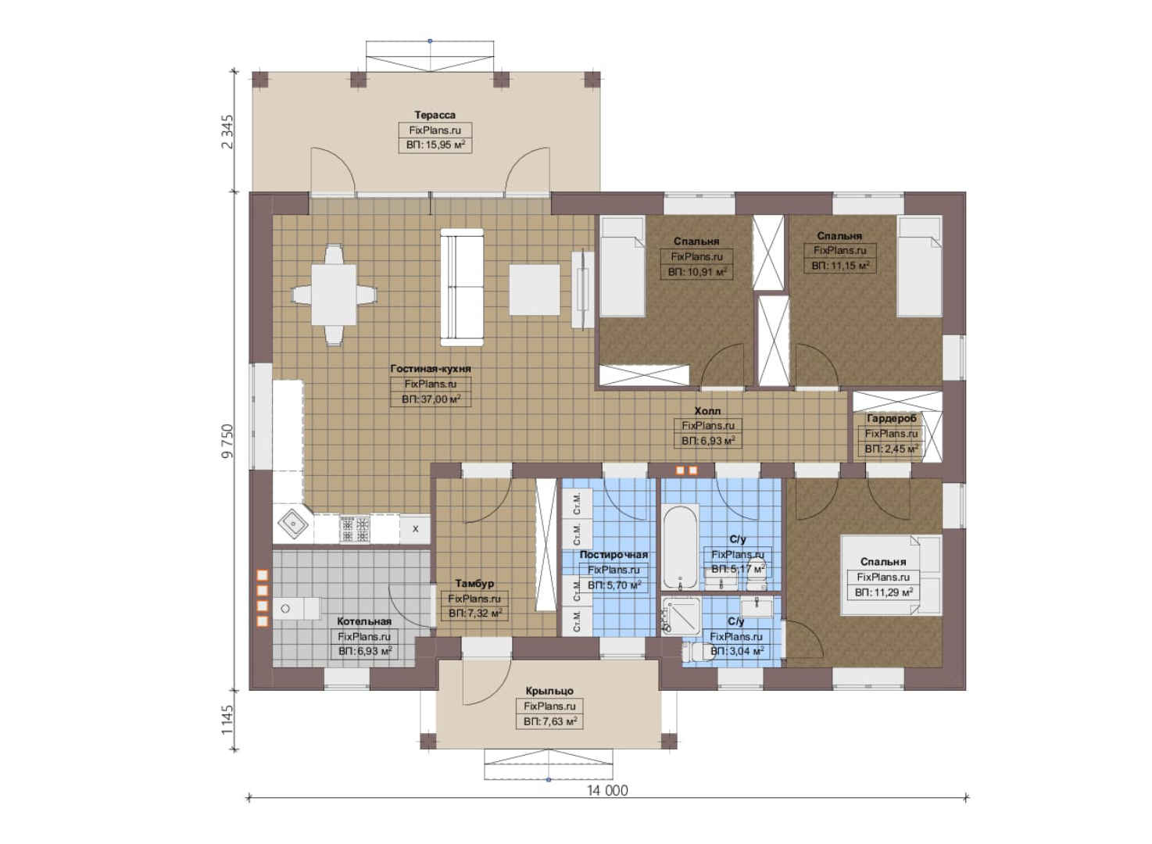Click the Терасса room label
[x=435, y=115]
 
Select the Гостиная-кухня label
[x=431, y=369]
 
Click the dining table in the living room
[x=334, y=295]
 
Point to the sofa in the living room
[x=462, y=287]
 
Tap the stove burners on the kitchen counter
[x=355, y=530]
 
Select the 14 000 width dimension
[x=607, y=791]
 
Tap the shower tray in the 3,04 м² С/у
[x=682, y=616]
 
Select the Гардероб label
[x=891, y=418]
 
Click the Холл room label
[x=707, y=410]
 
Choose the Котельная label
[x=364, y=621]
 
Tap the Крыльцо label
[x=549, y=691]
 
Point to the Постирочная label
[x=614, y=554]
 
